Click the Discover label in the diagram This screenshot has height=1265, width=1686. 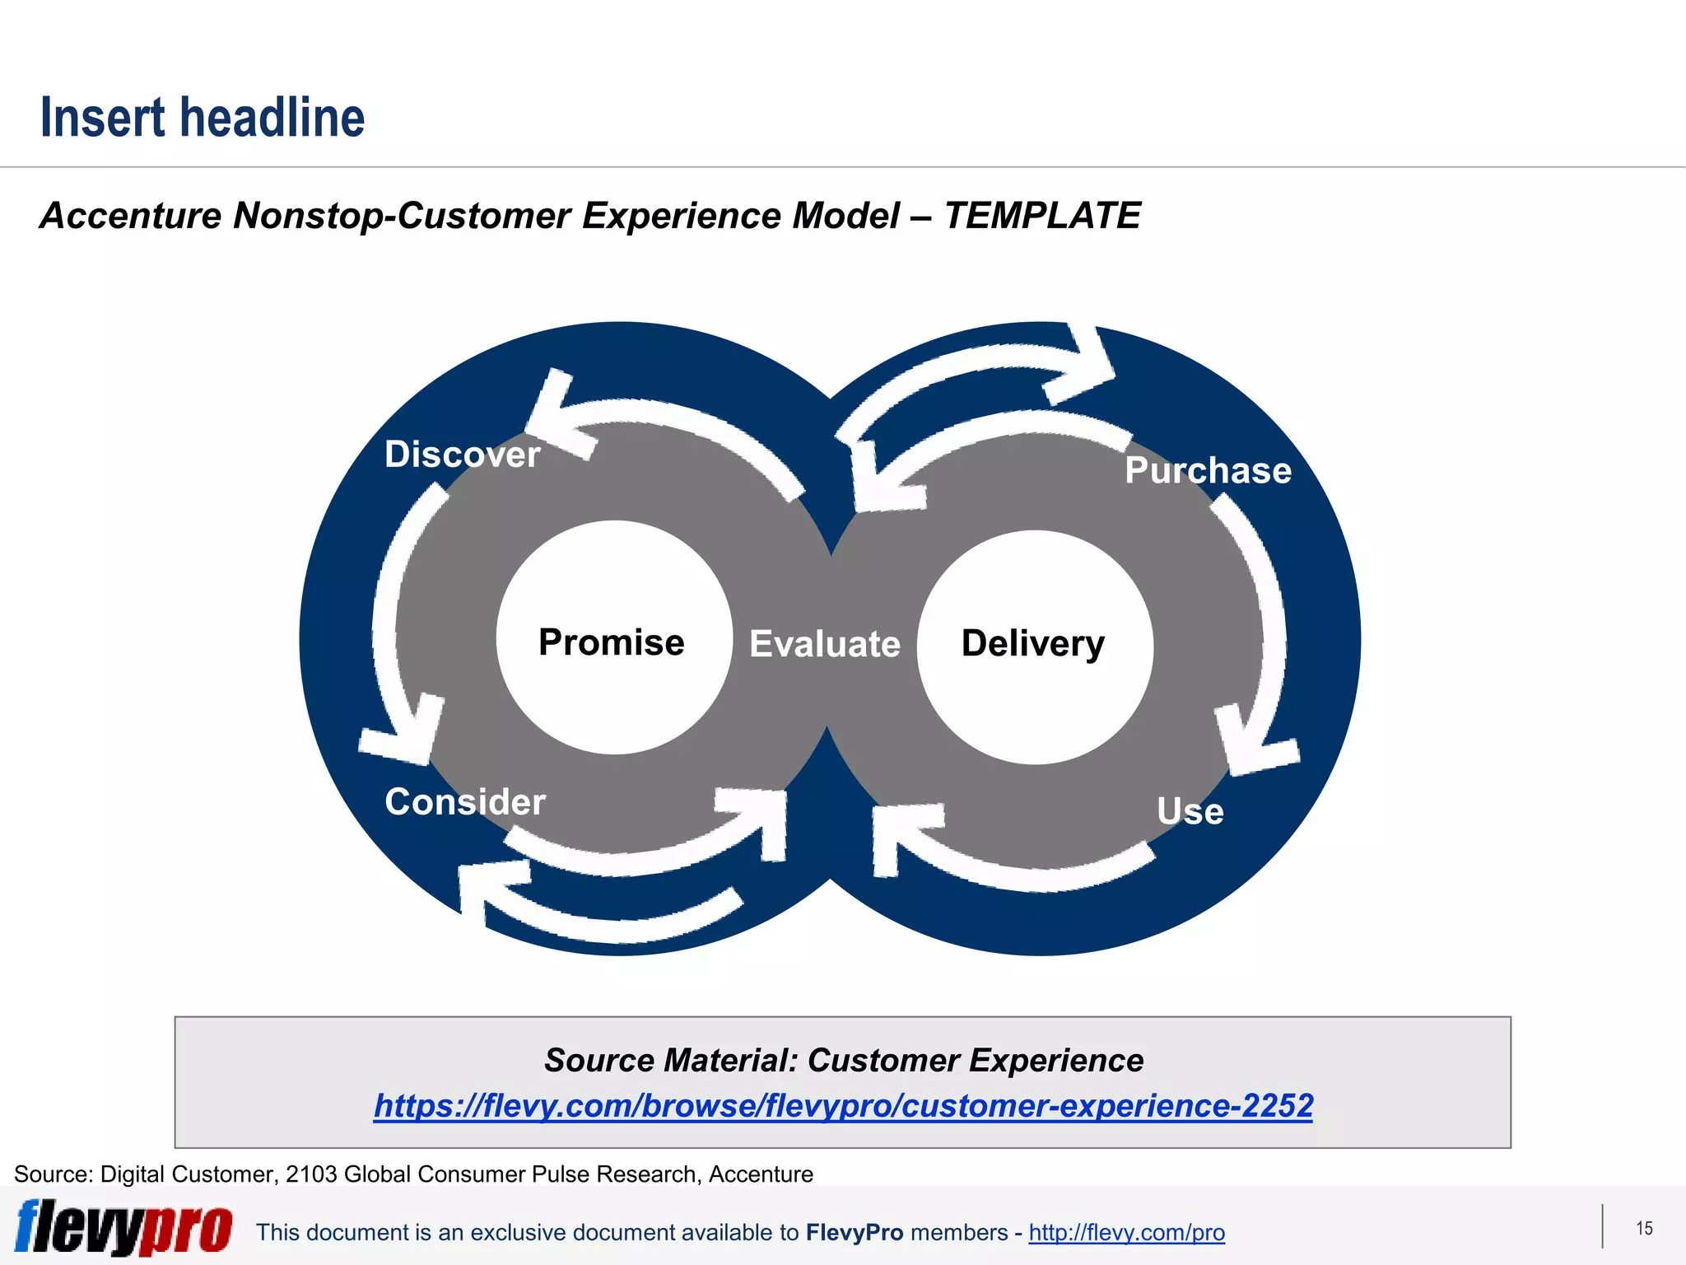pos(462,455)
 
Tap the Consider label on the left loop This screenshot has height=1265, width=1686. pos(465,802)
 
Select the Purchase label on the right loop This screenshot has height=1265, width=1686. pos(1208,470)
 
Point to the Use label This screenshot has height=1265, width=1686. pos(1190,811)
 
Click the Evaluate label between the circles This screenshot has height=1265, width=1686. pos(825,644)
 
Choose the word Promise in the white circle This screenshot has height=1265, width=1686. pos(611,642)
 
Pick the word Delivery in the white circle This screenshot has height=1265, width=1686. pos(1033,643)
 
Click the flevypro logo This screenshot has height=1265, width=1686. pos(123,1227)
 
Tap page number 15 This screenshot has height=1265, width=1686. pos(1644,1228)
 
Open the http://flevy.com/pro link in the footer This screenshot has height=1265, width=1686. pos(1126,1232)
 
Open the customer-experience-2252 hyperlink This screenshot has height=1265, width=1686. pos(843,1105)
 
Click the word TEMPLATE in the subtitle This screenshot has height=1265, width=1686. pos(1041,216)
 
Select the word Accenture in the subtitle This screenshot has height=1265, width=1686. pos(130,216)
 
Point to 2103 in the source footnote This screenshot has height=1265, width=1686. pos(311,1174)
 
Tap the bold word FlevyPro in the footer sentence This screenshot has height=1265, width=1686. pos(855,1232)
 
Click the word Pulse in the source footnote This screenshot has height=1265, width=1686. pos(561,1174)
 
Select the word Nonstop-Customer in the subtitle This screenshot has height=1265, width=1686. pos(403,216)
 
